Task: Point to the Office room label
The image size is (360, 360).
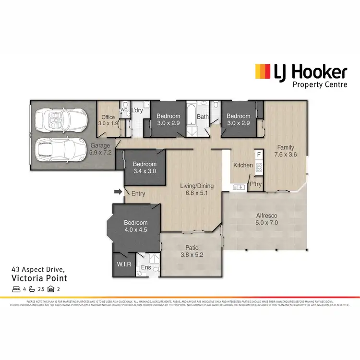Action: pos(108,120)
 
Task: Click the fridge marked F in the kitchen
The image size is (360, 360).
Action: pos(259,155)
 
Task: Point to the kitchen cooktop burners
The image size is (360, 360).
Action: pos(259,168)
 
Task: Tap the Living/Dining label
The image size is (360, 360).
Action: pos(197,190)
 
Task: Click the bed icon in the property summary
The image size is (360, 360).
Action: pos(16,289)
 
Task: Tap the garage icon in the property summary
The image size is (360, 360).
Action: pos(51,289)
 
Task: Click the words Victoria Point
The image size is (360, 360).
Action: pos(40,278)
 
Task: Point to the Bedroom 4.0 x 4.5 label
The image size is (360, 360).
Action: pos(135,226)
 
